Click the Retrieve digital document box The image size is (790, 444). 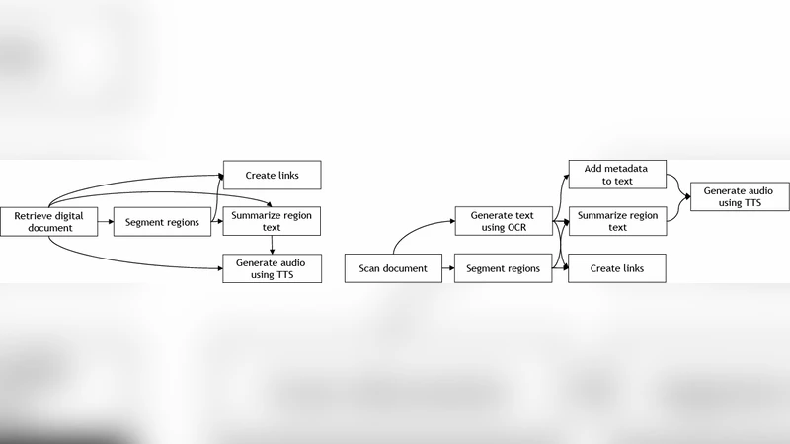49,222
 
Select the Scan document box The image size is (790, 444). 393,268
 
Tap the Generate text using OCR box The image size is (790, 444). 504,221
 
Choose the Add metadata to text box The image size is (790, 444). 617,174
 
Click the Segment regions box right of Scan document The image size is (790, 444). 504,268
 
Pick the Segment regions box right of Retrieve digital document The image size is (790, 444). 162,222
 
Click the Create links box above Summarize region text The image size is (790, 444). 272,176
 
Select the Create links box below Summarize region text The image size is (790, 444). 617,268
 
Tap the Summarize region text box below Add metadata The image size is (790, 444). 617,221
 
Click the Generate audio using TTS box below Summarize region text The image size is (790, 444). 272,268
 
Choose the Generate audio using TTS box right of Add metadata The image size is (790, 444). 740,196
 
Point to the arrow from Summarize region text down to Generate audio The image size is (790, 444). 272,245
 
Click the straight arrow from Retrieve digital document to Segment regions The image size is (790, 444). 106,222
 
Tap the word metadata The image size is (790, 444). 628,168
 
